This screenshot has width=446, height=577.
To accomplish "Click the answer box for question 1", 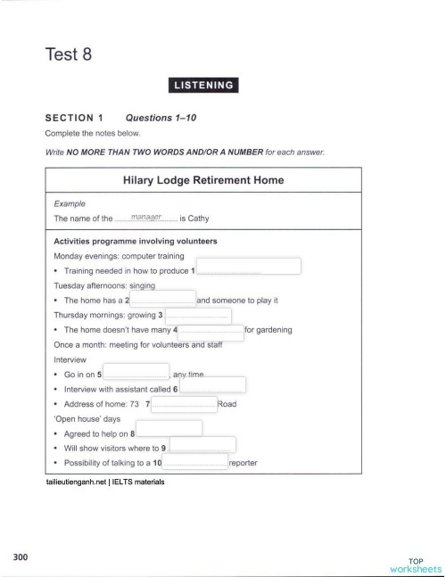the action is pyautogui.click(x=249, y=267).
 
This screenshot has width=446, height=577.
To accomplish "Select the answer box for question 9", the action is pyautogui.click(x=202, y=445).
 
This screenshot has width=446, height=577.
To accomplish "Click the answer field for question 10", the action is pyautogui.click(x=194, y=462).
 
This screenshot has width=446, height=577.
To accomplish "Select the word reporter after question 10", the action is pyautogui.click(x=244, y=463).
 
